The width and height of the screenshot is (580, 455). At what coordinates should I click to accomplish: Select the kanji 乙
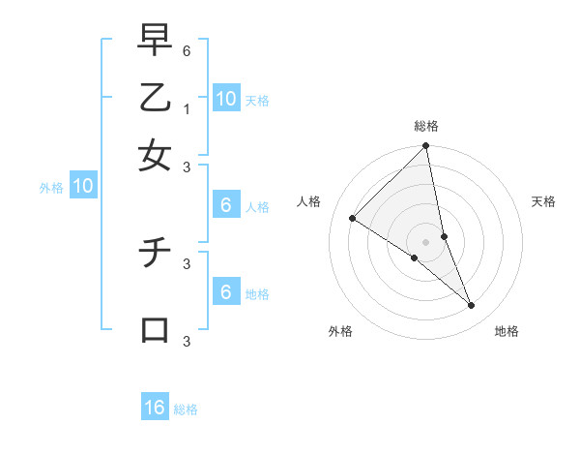pos(155,97)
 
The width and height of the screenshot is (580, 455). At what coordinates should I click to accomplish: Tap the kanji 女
pos(155,154)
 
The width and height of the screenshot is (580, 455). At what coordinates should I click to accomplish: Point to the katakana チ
pos(155,255)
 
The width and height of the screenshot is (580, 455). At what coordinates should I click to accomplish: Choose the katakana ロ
pos(155,329)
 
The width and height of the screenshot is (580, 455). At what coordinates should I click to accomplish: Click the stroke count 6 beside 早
pos(187,49)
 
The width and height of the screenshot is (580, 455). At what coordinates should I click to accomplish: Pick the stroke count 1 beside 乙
pos(187,108)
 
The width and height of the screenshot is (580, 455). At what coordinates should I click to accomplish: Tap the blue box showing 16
pos(155,408)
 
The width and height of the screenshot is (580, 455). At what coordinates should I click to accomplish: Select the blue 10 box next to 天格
pos(225,98)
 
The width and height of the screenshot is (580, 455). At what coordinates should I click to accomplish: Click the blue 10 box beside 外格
pos(83,187)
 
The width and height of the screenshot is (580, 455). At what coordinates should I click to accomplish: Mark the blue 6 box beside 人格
pos(225,205)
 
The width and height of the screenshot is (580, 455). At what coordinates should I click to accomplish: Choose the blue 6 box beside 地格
pos(225,292)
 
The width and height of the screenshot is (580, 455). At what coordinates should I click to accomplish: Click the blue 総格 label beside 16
pos(186,409)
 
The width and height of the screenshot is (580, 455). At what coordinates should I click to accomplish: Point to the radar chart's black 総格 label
pos(426,126)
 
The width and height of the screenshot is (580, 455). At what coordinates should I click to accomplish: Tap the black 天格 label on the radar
pos(543,201)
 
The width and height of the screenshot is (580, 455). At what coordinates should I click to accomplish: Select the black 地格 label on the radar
pos(507,331)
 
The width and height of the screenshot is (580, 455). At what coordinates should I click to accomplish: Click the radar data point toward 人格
pos(353,219)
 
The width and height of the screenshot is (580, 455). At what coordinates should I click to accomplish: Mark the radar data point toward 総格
pos(426,147)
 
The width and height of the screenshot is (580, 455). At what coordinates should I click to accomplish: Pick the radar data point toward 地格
pos(472,305)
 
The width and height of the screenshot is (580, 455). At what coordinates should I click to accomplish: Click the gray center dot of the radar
pos(426,241)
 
